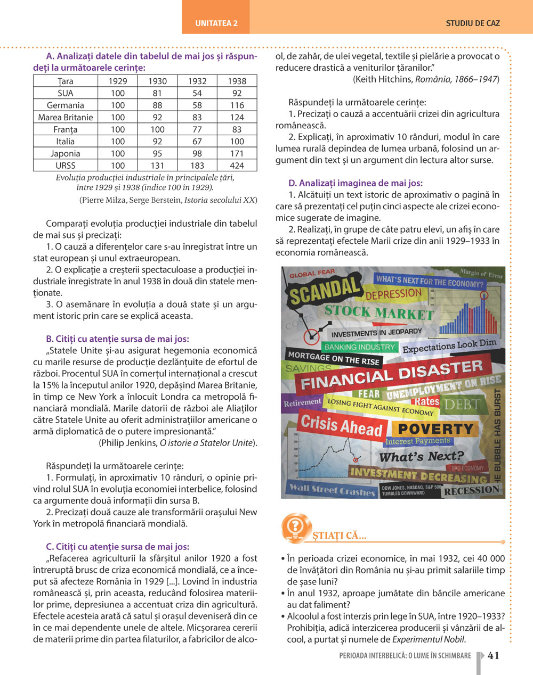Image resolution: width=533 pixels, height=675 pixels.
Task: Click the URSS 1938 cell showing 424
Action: [237, 166]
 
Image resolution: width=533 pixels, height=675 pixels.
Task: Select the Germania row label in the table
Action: [65, 105]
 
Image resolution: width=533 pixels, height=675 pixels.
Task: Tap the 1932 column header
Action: [197, 81]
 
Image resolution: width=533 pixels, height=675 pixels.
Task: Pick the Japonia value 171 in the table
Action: [237, 153]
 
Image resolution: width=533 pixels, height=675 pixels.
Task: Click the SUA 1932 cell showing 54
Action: [197, 93]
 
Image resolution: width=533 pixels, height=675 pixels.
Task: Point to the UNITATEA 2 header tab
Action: [216, 23]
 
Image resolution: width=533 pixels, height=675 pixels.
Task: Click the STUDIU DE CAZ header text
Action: [473, 23]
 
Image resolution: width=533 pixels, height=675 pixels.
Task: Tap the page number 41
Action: [494, 655]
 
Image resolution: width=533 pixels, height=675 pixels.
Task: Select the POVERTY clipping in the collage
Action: [435, 429]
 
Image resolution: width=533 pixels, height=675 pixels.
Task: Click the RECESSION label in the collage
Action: [472, 490]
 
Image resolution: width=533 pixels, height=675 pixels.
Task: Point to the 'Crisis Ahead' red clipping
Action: [341, 425]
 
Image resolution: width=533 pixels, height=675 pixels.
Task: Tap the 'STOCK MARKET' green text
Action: [378, 312]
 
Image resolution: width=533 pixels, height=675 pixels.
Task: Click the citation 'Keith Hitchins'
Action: [382, 79]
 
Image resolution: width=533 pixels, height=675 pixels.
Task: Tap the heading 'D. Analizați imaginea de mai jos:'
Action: [356, 183]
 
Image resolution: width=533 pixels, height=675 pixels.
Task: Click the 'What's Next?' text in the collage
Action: [421, 456]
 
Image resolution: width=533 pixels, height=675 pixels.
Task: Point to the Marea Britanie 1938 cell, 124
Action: [237, 117]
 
